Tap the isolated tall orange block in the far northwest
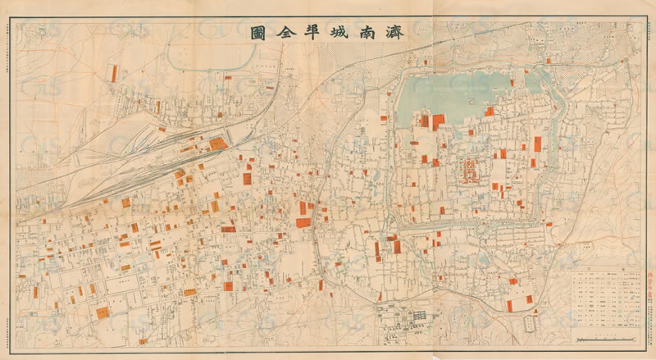(114, 73)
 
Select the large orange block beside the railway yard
(218, 144)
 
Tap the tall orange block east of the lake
(538, 144)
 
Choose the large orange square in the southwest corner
(102, 312)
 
